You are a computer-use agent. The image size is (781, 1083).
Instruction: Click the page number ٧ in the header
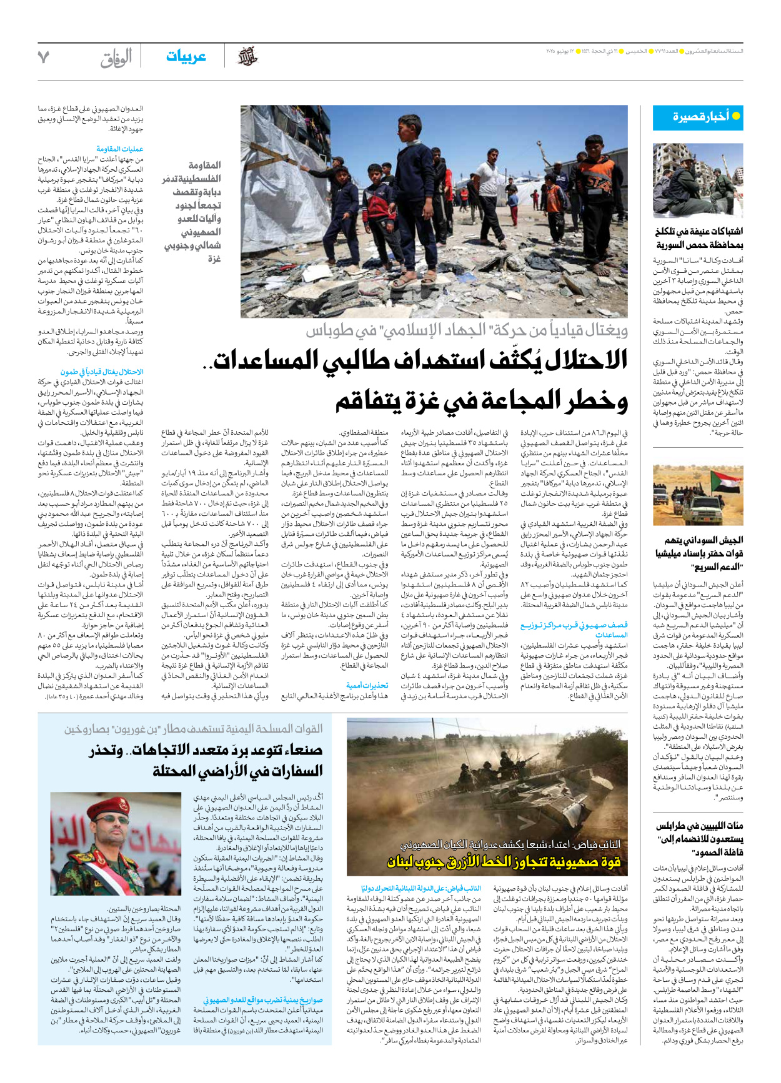pyautogui.click(x=43, y=57)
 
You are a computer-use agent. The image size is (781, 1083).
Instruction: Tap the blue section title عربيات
pyautogui.click(x=186, y=57)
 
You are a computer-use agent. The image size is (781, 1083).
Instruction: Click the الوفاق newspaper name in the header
pyautogui.click(x=116, y=58)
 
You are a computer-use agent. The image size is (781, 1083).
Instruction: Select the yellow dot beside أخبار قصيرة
pyautogui.click(x=736, y=116)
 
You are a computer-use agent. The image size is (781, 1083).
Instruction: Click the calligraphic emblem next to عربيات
pyautogui.click(x=248, y=57)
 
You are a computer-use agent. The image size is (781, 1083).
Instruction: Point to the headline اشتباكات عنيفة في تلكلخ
pyautogui.click(x=699, y=238)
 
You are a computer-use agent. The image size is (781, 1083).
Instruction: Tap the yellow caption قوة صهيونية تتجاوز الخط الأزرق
pyautogui.click(x=504, y=862)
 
